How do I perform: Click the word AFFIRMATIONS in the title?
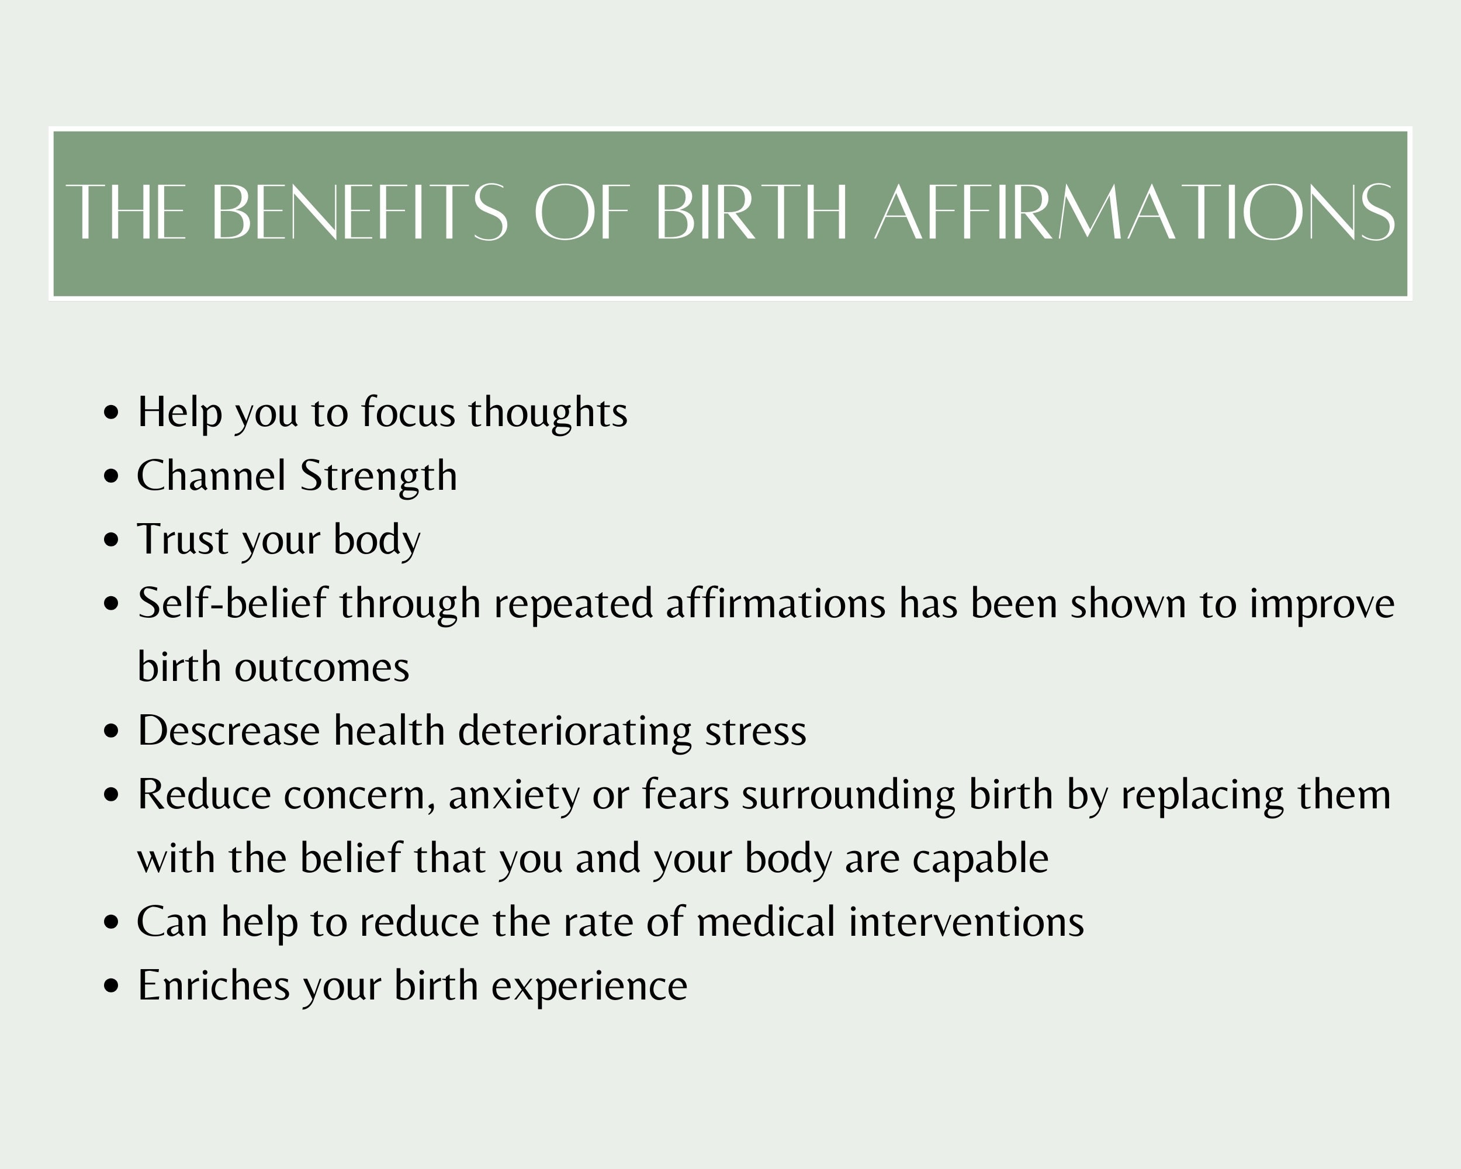(x=1134, y=212)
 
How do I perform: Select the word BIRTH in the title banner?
(x=752, y=212)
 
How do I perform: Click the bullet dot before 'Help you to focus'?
(x=112, y=413)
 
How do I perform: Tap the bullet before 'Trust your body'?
(x=112, y=541)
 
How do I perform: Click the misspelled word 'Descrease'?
(x=229, y=731)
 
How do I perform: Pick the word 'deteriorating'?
(x=574, y=731)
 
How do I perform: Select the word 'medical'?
(x=766, y=922)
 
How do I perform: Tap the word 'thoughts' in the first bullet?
(x=548, y=413)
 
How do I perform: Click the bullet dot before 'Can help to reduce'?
(x=112, y=923)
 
